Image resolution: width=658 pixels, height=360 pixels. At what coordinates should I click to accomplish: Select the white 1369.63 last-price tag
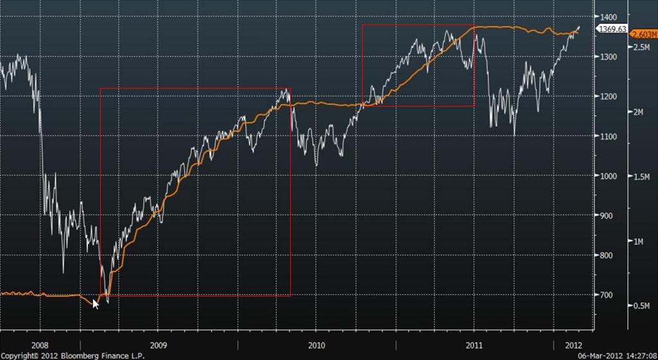pos(612,29)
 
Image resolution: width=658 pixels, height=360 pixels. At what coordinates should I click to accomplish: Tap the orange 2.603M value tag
pos(643,34)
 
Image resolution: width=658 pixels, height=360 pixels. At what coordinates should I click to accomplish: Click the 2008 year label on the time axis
pos(40,345)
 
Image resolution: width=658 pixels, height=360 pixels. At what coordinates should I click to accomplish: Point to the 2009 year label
pos(159,345)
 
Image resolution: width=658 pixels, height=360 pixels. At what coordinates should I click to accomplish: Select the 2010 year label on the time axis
pos(316,345)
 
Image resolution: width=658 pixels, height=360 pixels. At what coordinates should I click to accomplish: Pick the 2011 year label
pos(474,345)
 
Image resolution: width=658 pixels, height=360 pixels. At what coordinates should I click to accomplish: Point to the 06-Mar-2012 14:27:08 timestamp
pos(617,356)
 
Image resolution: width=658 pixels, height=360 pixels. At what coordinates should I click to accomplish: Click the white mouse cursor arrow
pos(96,304)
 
